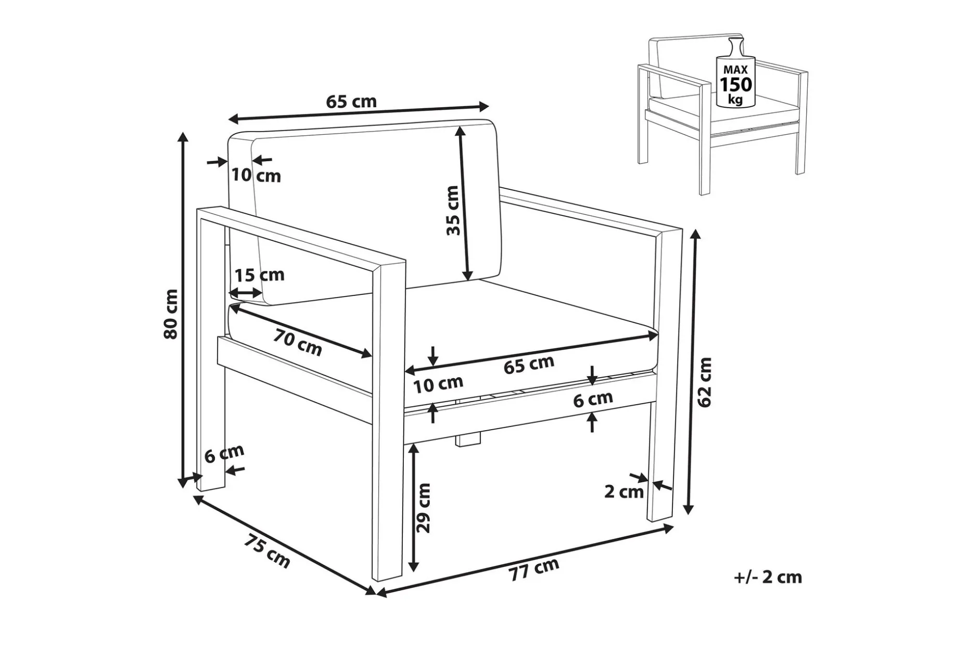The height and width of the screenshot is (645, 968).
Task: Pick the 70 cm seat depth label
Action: point(298,343)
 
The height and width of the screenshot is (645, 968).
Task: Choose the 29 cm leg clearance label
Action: point(424,508)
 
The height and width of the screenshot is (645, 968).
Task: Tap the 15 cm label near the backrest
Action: point(260,275)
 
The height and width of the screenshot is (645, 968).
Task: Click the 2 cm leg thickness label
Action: point(624,492)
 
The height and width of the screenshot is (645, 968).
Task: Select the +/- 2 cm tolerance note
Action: point(768,577)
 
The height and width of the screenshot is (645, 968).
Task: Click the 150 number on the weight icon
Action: point(735,84)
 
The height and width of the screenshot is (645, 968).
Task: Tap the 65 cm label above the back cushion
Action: point(351,101)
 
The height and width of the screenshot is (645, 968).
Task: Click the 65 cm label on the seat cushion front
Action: point(529,365)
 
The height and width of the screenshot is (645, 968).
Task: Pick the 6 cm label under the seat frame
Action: point(593,399)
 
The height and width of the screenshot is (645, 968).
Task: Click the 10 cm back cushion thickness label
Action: point(256,175)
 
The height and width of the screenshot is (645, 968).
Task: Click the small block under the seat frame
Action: point(468,438)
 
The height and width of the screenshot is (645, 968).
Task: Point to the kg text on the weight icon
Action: point(735,99)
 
